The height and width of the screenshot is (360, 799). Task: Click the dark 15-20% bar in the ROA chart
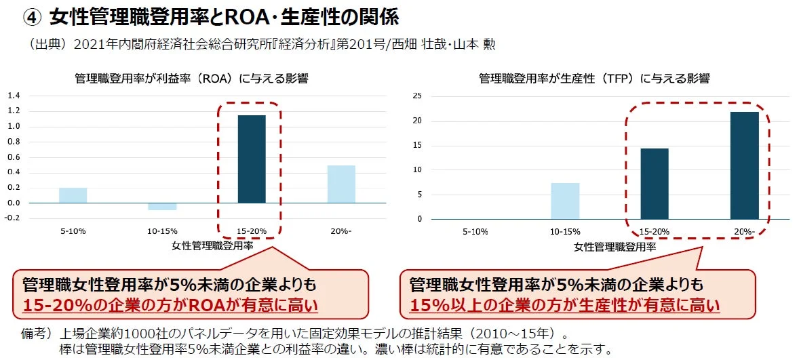[251, 159]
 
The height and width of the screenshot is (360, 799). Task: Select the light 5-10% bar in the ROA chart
[73, 195]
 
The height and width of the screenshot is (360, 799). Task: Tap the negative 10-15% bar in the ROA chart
[162, 206]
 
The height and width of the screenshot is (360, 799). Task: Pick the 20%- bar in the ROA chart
[341, 184]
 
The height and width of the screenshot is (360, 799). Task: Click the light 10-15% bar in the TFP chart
[565, 201]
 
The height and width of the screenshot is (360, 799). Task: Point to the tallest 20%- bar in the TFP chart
[744, 165]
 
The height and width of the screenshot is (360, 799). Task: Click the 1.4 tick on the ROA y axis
[14, 96]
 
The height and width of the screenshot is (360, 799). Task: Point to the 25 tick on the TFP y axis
[418, 96]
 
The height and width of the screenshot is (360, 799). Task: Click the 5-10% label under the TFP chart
[475, 232]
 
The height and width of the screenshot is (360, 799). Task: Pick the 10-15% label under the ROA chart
[161, 232]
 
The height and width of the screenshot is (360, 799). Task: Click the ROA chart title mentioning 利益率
[191, 79]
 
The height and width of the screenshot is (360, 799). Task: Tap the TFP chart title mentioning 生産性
[594, 79]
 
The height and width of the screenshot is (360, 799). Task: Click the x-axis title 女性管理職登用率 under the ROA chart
[213, 247]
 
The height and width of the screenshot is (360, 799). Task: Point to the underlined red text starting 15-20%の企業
[170, 305]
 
